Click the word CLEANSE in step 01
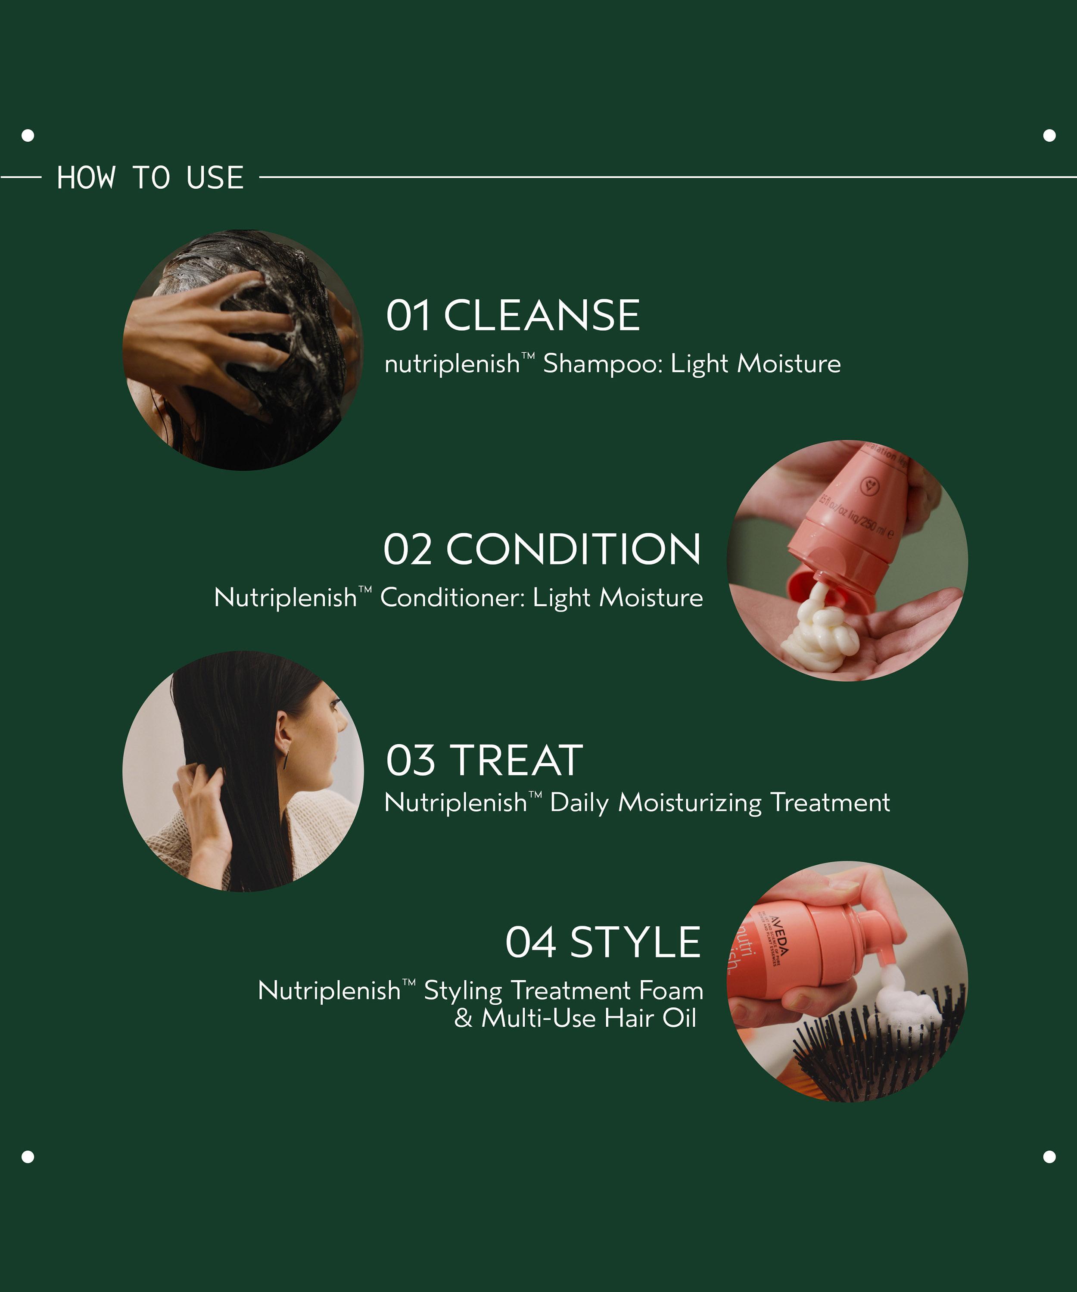point(542,316)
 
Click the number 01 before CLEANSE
point(408,316)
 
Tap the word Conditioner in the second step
point(452,597)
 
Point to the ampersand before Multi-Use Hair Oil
point(463,1018)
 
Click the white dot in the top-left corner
point(28,135)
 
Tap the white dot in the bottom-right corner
point(1049,1157)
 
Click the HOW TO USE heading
point(150,178)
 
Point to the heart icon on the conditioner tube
point(870,486)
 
